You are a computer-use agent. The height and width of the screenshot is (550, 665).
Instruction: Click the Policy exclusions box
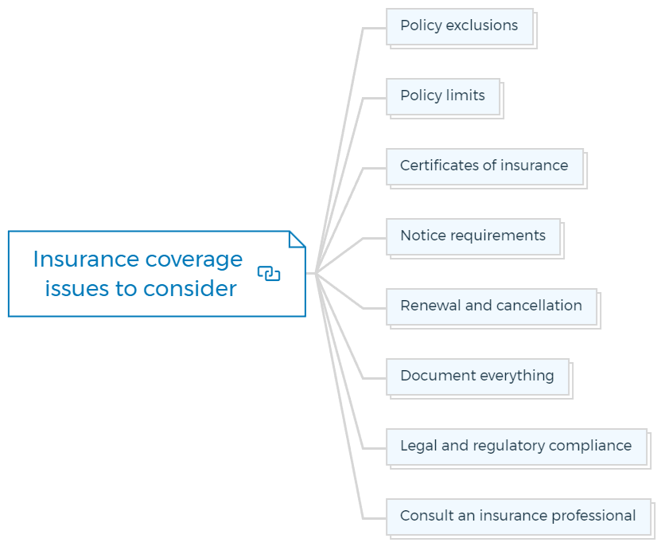[460, 26]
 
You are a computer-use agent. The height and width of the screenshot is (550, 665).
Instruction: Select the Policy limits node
[443, 96]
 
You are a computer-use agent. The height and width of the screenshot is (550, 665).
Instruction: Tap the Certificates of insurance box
[484, 166]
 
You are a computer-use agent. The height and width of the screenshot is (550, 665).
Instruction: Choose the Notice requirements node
[473, 236]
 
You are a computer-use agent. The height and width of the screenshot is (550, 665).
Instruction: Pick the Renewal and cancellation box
[492, 306]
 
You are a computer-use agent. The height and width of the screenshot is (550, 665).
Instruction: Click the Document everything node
[477, 376]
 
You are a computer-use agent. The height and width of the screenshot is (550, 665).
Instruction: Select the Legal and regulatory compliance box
[516, 447]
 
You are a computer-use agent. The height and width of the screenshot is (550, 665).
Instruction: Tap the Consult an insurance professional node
[519, 517]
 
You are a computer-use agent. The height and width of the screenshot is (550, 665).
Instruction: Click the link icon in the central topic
[269, 273]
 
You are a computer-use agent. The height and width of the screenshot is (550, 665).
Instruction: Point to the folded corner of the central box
[297, 239]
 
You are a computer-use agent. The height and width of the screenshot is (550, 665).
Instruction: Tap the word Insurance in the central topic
[86, 259]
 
